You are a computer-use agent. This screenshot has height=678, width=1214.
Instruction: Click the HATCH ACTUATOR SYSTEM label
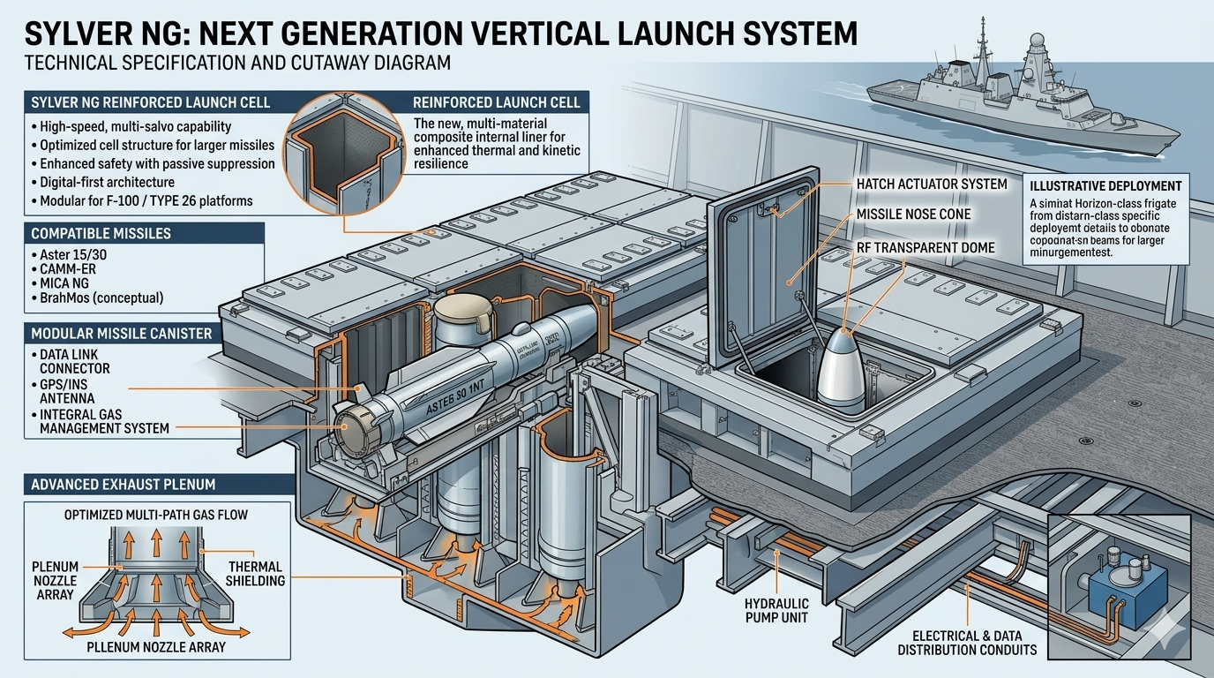[x=932, y=185]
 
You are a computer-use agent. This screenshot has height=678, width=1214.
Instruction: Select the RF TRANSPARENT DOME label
[x=925, y=248]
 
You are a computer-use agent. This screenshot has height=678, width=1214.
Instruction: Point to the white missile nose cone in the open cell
[x=843, y=372]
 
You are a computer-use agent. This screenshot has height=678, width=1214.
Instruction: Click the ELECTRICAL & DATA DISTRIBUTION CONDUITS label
[x=967, y=642]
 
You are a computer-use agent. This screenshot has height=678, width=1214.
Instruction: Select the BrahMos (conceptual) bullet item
[x=101, y=298]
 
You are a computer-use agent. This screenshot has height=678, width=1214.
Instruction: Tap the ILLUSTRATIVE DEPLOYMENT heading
[x=1106, y=186]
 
